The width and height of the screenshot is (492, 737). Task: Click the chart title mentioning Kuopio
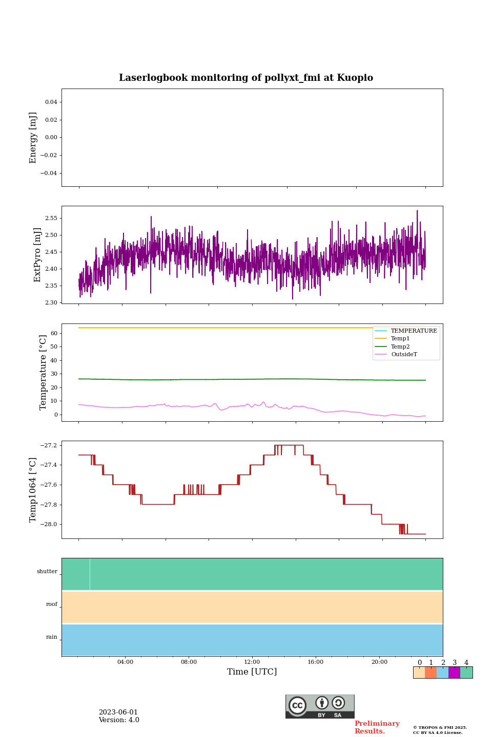pyautogui.click(x=246, y=78)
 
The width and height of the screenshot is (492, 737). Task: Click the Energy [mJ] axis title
pyautogui.click(x=33, y=138)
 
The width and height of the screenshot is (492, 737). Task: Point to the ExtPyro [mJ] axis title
pyautogui.click(x=37, y=255)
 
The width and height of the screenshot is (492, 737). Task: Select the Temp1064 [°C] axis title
pyautogui.click(x=33, y=490)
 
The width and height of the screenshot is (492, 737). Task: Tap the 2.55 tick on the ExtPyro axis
pyautogui.click(x=51, y=218)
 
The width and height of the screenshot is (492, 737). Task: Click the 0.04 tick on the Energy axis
pyautogui.click(x=51, y=102)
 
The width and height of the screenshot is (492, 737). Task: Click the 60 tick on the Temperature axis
pyautogui.click(x=54, y=333)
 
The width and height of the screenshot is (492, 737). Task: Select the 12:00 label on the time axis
pyautogui.click(x=252, y=662)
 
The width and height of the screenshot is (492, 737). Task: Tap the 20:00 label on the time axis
pyautogui.click(x=379, y=662)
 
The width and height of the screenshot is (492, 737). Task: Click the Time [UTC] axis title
pyautogui.click(x=252, y=672)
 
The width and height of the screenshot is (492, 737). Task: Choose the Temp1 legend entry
pyautogui.click(x=400, y=339)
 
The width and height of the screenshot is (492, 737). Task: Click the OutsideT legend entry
pyautogui.click(x=404, y=355)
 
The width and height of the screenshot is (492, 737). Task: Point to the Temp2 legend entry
pyautogui.click(x=400, y=346)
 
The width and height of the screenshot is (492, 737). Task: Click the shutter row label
pyautogui.click(x=47, y=572)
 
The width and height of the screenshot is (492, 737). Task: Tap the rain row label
pyautogui.click(x=52, y=637)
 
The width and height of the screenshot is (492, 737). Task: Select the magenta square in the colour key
pyautogui.click(x=454, y=673)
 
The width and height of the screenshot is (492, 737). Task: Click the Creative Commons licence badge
pyautogui.click(x=320, y=706)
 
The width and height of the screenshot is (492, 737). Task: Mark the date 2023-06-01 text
pyautogui.click(x=118, y=712)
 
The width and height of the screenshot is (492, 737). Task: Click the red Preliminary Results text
pyautogui.click(x=377, y=727)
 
